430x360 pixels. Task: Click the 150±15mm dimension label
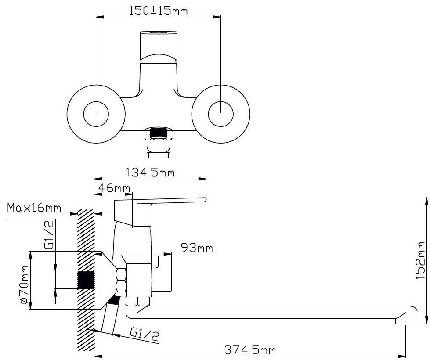pyautogui.click(x=158, y=11)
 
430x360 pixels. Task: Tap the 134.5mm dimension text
pyautogui.click(x=150, y=173)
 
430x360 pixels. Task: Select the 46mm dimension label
pyautogui.click(x=114, y=188)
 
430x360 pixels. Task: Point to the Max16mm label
pyautogui.click(x=34, y=208)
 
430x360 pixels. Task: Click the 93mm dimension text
pyautogui.click(x=197, y=248)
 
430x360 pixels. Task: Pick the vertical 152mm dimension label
pyautogui.click(x=420, y=260)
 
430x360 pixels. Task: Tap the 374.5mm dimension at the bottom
pyautogui.click(x=250, y=350)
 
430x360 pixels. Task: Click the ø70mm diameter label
pyautogui.click(x=24, y=285)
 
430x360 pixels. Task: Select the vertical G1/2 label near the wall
pyautogui.click(x=49, y=235)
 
